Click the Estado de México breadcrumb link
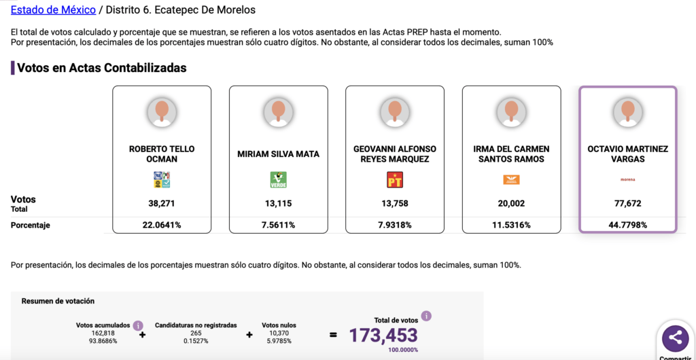53,10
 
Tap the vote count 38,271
162,203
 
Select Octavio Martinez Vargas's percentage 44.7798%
627,225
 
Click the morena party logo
627,179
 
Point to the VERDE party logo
279,180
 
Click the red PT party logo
395,180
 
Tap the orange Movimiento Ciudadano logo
511,180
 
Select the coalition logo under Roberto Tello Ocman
162,180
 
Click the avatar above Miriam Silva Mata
279,112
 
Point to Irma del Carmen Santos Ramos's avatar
511,112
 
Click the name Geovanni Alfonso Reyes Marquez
395,154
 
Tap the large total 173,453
383,334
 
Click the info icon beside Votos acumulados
138,325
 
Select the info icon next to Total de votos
426,316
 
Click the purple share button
675,337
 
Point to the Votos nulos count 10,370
279,334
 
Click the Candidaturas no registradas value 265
196,334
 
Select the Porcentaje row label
31,225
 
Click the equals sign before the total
333,334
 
